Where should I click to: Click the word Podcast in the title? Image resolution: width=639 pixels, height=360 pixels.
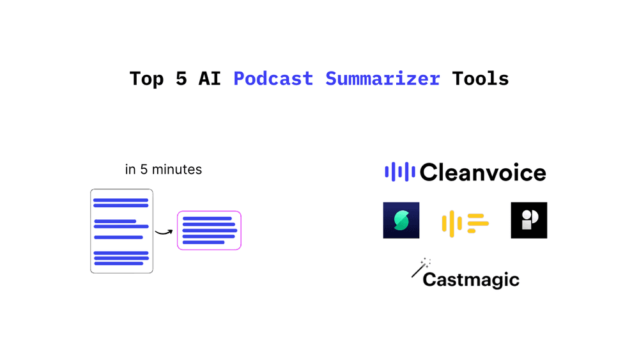click(x=273, y=79)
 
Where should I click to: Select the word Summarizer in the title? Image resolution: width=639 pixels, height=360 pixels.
click(x=382, y=79)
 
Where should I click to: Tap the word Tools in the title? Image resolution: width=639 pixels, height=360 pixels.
click(x=480, y=79)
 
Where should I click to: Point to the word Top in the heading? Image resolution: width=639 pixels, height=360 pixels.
click(x=146, y=79)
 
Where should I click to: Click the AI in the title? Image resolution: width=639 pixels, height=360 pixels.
click(x=210, y=79)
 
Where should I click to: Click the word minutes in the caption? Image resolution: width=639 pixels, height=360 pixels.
click(x=178, y=169)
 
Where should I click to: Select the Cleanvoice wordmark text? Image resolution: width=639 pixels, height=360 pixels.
click(x=482, y=172)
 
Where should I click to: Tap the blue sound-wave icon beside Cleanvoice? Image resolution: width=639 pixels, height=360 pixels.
click(x=400, y=171)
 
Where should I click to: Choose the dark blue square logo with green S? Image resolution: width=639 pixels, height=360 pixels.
click(x=401, y=220)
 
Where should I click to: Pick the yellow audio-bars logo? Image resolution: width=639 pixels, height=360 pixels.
click(x=465, y=223)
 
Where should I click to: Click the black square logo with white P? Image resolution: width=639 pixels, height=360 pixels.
click(x=529, y=220)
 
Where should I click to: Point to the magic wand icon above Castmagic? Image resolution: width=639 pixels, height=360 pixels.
click(x=420, y=267)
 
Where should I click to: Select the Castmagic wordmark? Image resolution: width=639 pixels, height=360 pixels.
click(x=471, y=279)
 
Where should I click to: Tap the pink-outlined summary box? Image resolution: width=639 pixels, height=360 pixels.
click(x=209, y=230)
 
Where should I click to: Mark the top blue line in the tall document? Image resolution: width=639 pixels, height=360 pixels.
click(x=121, y=200)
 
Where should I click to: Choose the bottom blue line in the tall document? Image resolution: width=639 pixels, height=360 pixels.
click(x=119, y=263)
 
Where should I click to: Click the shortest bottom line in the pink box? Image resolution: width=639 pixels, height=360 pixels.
click(x=204, y=242)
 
